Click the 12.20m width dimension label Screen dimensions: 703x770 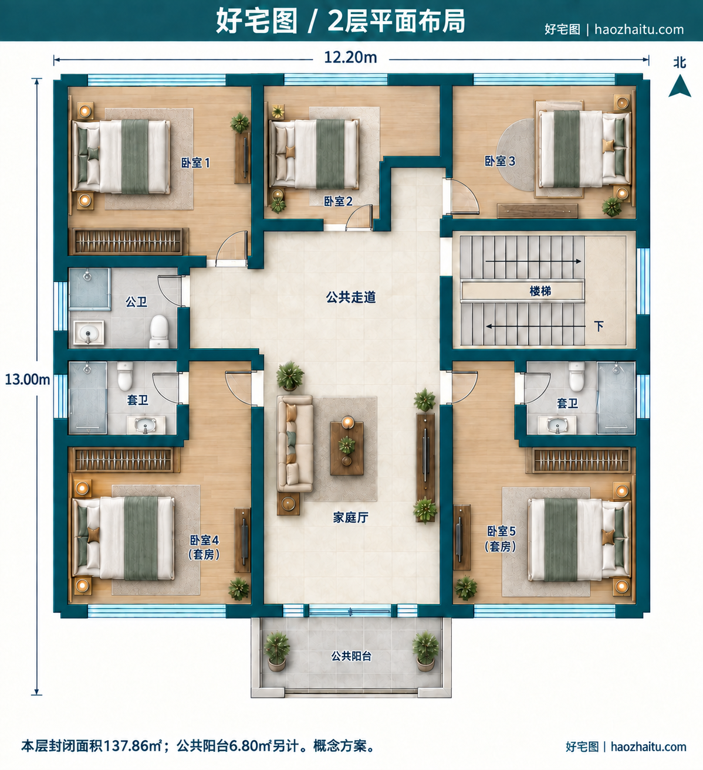click(350, 57)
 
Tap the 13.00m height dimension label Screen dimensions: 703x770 click(27, 379)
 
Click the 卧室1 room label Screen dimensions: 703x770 click(195, 163)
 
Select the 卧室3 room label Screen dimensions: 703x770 click(500, 161)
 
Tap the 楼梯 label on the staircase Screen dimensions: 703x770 click(540, 291)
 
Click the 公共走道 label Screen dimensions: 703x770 click(351, 297)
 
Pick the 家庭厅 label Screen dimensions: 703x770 click(351, 517)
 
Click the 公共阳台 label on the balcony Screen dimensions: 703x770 click(351, 656)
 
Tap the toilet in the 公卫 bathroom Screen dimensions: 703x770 click(159, 331)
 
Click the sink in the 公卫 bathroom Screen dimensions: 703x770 click(89, 333)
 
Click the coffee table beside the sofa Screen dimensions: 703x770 click(347, 448)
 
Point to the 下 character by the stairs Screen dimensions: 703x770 click(599, 326)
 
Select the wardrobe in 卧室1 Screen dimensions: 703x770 click(129, 242)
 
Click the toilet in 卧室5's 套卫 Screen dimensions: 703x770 click(577, 376)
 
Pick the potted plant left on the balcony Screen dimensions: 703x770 click(276, 650)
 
